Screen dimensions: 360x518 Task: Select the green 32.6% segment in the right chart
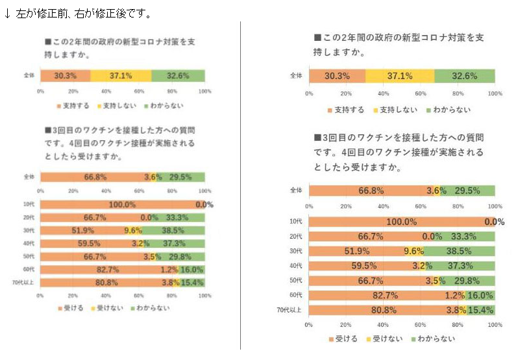464,76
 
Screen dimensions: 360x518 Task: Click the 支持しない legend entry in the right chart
395,110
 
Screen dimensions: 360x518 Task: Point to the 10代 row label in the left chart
29,204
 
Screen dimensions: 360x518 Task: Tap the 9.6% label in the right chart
413,251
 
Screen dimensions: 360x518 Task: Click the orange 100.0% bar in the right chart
401,222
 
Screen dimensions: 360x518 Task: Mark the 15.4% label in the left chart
193,283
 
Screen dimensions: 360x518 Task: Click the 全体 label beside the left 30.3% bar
29,76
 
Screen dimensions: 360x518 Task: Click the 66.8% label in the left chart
95,176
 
